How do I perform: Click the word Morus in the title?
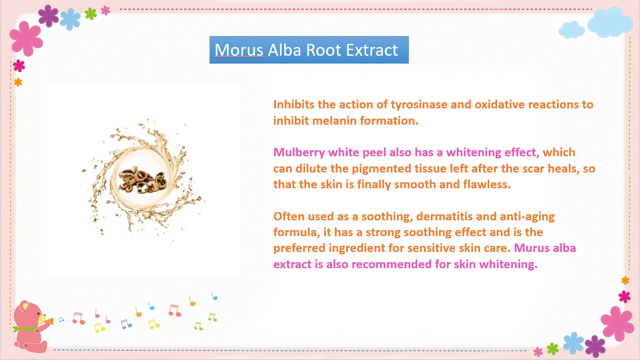coord(239,50)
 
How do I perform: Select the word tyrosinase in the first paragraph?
coord(419,105)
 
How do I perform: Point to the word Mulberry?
coord(299,153)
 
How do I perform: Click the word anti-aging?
coord(527,217)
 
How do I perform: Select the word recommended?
coord(391,264)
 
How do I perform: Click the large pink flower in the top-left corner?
coord(26,39)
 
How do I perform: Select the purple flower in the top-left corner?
coord(48,16)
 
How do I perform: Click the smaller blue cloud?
coord(571,30)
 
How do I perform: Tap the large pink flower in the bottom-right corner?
coord(617,324)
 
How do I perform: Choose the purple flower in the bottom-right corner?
coord(595,346)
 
